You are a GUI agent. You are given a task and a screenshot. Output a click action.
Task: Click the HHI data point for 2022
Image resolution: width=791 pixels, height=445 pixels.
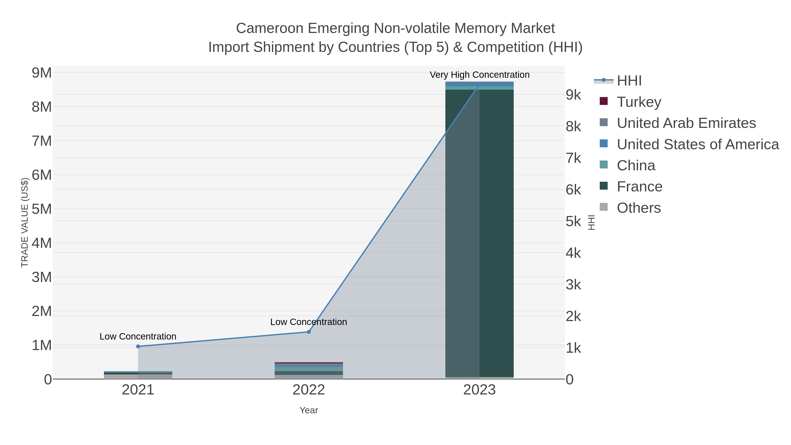click(309, 332)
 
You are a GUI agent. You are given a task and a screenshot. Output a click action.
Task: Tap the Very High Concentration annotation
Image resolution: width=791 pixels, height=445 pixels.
click(479, 75)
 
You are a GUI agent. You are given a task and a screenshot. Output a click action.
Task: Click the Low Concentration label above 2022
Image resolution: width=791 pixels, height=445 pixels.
click(309, 322)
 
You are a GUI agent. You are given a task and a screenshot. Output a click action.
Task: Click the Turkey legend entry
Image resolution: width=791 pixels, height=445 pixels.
click(639, 102)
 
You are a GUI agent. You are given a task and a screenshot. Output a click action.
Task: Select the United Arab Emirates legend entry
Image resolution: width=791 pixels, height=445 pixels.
click(686, 123)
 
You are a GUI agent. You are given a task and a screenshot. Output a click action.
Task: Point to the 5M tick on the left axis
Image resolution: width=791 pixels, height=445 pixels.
click(42, 209)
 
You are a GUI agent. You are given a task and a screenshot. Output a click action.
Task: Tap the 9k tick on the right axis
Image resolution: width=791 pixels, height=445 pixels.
click(573, 95)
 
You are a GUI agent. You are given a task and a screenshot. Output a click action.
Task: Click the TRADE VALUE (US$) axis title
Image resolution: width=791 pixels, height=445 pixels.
click(25, 222)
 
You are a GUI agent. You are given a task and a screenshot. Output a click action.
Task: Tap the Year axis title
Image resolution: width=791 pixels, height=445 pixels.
click(309, 410)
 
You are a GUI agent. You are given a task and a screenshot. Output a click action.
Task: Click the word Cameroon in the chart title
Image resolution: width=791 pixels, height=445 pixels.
click(270, 28)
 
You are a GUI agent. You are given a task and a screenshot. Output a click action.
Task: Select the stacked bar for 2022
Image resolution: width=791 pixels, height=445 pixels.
click(309, 371)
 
